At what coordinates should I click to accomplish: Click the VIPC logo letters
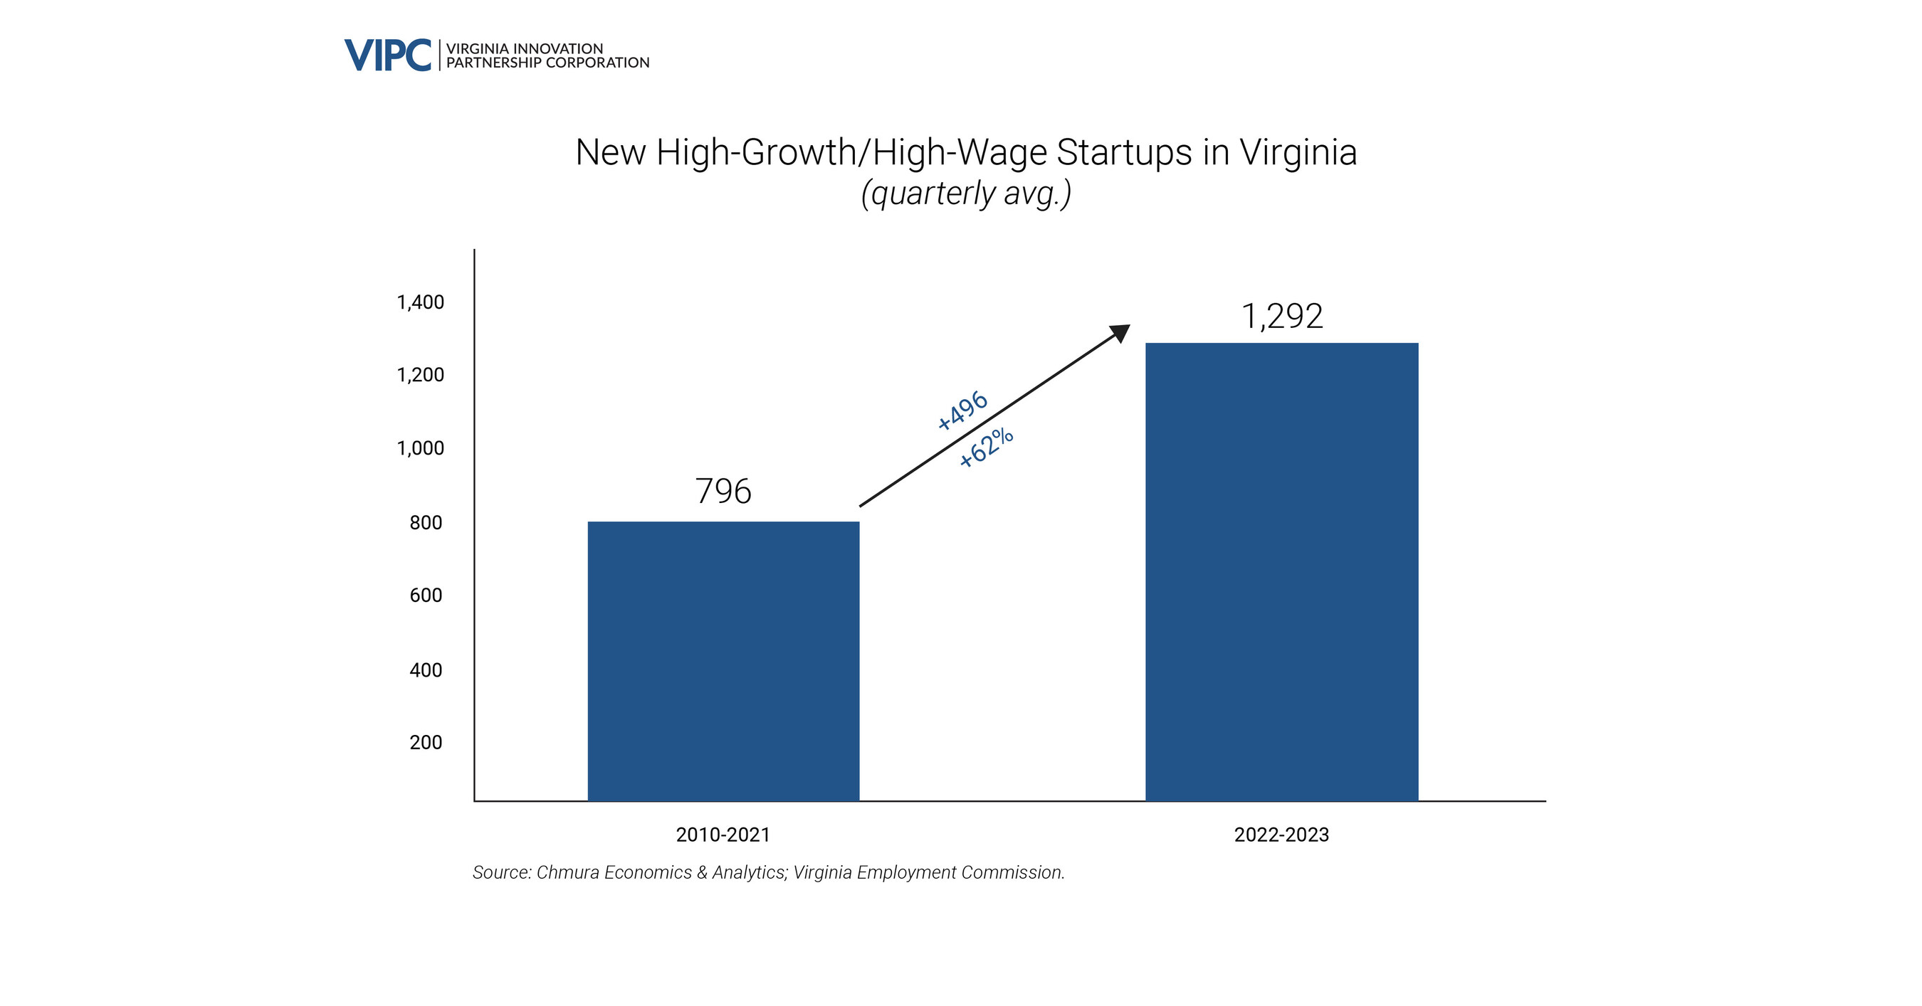(387, 56)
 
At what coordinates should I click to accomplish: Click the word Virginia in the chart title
(1298, 153)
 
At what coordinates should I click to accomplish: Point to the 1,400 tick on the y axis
(420, 303)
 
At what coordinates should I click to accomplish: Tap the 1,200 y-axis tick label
(420, 375)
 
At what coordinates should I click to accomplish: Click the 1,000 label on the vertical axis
(420, 448)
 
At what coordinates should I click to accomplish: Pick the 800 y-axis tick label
(425, 523)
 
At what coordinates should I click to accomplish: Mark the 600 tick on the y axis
(425, 595)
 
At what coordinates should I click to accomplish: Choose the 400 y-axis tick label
(425, 670)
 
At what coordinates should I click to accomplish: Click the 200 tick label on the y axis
(425, 743)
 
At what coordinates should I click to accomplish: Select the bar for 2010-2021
(723, 661)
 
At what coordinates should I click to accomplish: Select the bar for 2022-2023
(1281, 571)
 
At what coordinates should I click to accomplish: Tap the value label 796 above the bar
(723, 492)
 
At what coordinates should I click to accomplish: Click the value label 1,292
(1281, 316)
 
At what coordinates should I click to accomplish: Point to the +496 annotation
(962, 411)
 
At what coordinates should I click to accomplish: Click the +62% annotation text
(986, 448)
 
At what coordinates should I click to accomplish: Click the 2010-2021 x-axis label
(723, 835)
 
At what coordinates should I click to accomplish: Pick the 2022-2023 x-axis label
(1281, 835)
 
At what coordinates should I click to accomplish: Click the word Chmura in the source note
(568, 872)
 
